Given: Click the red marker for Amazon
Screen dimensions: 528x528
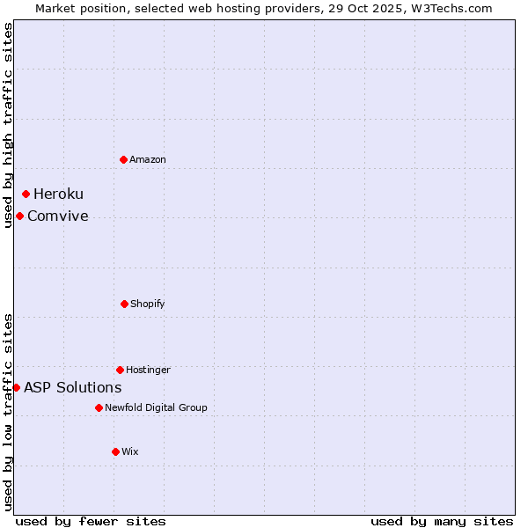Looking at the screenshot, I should (x=124, y=159).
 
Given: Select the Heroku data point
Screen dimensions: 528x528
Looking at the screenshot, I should (x=26, y=194).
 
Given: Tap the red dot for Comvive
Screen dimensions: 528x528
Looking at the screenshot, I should (x=20, y=216).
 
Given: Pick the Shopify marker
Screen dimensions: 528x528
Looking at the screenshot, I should (x=124, y=304).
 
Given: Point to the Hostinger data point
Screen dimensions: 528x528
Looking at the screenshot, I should (x=120, y=370).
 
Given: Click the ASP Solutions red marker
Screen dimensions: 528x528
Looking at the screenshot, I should (x=16, y=387).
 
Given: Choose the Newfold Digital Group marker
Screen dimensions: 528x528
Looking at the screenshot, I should (x=99, y=407).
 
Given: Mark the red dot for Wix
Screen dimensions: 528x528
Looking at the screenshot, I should (x=115, y=451).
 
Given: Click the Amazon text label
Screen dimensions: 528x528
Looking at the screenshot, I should (x=148, y=159).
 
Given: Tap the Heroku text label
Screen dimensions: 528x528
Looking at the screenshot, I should (x=58, y=194).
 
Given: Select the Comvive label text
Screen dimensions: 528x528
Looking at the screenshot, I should (x=57, y=216).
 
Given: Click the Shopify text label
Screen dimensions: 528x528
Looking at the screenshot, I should (x=148, y=304).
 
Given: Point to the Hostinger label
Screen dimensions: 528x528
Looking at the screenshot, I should (x=148, y=370).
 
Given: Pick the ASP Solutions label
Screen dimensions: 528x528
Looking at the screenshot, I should (x=72, y=387).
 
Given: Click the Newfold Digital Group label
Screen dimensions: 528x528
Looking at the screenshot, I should (x=156, y=407).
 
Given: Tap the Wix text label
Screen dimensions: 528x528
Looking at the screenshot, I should (x=130, y=451).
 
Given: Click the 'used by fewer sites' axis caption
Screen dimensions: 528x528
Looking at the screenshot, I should (x=91, y=521).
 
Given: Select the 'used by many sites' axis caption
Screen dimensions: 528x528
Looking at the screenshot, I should (x=442, y=521).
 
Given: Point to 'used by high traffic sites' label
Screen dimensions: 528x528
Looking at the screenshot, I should (x=8, y=125).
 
